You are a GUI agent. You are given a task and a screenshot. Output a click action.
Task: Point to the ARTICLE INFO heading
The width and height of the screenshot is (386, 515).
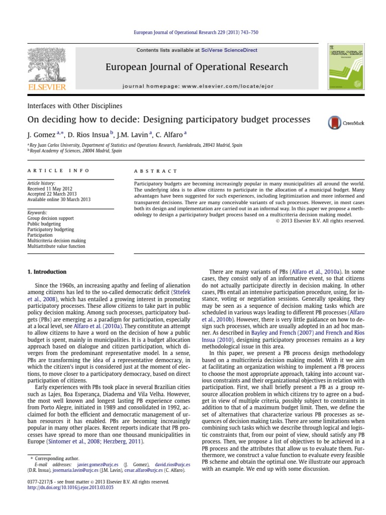tap(58, 171)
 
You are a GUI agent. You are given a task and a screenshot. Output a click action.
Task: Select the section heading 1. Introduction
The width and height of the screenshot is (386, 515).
tap(46, 272)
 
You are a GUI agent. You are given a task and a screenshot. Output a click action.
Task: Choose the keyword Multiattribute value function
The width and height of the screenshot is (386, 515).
tap(56, 246)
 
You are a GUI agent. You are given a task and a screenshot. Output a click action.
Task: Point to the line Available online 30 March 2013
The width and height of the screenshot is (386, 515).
tap(58, 200)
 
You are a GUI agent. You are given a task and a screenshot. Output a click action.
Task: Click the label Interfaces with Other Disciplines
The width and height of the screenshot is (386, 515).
tap(74, 106)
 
